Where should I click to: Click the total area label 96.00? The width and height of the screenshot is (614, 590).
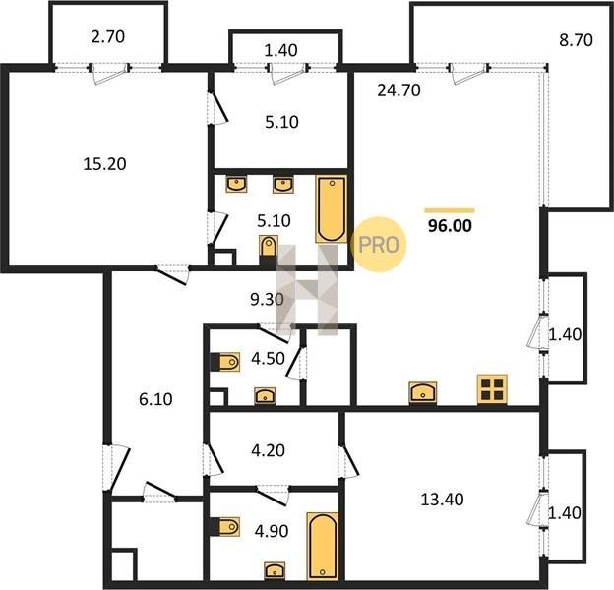pos(450,226)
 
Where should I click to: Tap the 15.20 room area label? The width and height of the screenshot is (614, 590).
pos(104,163)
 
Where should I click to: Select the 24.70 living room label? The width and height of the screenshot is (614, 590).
pos(399,90)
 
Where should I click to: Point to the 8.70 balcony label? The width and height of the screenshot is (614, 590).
pos(576,40)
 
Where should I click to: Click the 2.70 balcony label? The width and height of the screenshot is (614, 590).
pos(108,36)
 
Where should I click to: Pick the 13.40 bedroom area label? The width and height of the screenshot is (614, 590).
pos(442,500)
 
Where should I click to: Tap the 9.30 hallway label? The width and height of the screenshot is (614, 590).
pos(267,299)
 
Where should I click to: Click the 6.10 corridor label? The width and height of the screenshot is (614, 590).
pos(155,399)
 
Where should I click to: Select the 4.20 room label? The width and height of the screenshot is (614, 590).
pos(268,450)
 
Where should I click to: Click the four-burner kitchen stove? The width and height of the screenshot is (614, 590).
pos(492,388)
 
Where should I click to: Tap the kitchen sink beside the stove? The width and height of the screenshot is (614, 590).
pos(423,392)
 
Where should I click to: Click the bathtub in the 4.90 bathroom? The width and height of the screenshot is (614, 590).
pos(323,546)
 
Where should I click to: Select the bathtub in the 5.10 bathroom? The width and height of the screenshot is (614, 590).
pos(332,208)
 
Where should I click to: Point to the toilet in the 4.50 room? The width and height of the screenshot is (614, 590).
pos(225,362)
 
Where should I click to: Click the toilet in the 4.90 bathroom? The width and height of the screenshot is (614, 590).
pos(225,527)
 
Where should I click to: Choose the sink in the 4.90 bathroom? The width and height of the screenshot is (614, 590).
pos(275,571)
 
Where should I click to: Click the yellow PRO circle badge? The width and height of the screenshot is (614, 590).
pos(378,245)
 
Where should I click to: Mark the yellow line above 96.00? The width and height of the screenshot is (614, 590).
pos(450,210)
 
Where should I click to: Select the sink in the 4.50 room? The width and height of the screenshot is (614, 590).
pos(265,396)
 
